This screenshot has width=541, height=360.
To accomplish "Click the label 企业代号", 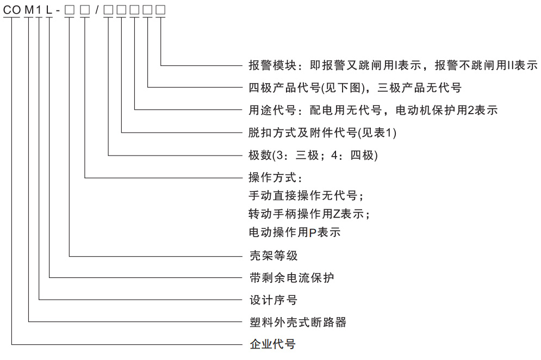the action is click(x=272, y=344).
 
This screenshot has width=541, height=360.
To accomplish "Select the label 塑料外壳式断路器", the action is click(x=298, y=322).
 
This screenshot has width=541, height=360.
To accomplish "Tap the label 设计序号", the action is click(x=273, y=300).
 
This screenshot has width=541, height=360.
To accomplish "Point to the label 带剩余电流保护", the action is click(x=291, y=277).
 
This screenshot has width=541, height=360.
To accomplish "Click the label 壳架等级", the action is click(x=273, y=256).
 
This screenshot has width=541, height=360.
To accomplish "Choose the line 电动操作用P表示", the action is click(x=294, y=232).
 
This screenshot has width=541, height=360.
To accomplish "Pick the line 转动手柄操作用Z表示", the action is click(x=309, y=214).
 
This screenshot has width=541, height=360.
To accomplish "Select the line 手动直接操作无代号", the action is click(x=306, y=196).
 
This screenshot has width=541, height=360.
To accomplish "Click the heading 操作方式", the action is click(x=275, y=177).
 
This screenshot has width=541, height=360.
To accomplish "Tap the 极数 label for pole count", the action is click(x=313, y=156).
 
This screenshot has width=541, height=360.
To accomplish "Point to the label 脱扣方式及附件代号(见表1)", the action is click(x=322, y=133).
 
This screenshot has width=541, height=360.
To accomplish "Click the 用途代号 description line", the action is click(x=373, y=110).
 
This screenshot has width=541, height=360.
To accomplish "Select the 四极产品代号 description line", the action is click(x=355, y=88).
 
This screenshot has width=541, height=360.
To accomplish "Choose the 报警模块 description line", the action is click(x=393, y=65).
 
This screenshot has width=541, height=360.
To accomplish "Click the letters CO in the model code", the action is click(x=12, y=10).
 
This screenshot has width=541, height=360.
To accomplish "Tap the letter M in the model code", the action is click(x=29, y=10).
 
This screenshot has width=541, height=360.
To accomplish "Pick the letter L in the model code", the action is click(x=49, y=10).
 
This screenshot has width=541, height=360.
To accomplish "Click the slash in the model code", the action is click(x=97, y=10).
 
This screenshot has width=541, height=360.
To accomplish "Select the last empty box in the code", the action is click(x=160, y=10).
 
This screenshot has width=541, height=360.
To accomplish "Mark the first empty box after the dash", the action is click(x=70, y=10).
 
